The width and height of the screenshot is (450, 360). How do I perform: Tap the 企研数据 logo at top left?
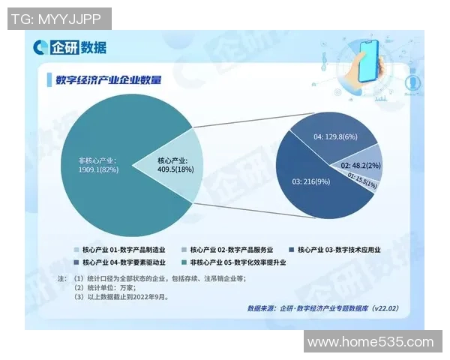point(73,47)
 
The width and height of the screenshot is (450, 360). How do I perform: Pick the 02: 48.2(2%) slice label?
point(361,164)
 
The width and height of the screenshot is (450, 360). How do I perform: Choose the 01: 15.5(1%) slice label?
point(361,177)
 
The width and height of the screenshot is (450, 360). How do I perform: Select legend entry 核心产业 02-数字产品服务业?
point(229,249)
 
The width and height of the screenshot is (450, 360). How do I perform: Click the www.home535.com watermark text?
point(370,342)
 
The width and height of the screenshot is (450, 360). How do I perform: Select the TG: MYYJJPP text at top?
point(58,18)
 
